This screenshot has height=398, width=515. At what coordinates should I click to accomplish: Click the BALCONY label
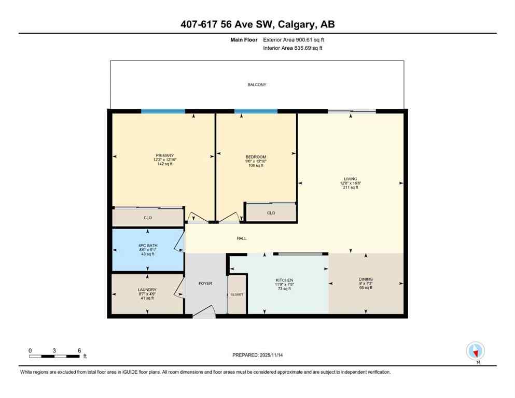pyautogui.click(x=257, y=84)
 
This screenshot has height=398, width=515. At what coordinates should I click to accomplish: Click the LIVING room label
pyautogui.click(x=350, y=179)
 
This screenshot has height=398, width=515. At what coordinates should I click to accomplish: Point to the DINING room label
pyautogui.click(x=366, y=279)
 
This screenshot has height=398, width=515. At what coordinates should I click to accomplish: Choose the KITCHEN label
pyautogui.click(x=284, y=280)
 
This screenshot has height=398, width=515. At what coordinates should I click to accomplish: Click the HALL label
pyautogui.click(x=241, y=238)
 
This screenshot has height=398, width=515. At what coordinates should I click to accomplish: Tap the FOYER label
pyautogui.click(x=206, y=284)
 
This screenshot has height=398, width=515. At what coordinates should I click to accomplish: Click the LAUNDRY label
pyautogui.click(x=147, y=290)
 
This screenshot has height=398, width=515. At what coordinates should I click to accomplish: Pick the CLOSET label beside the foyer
pyautogui.click(x=237, y=294)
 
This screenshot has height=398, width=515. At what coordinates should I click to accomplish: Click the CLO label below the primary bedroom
pyautogui.click(x=148, y=218)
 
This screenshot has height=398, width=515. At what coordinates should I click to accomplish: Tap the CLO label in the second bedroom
pyautogui.click(x=271, y=213)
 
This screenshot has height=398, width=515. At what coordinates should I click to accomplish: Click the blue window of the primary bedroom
pyautogui.click(x=163, y=111)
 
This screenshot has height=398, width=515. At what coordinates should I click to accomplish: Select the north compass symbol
pyautogui.click(x=475, y=351)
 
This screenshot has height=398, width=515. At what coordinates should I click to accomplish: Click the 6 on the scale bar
pyautogui.click(x=79, y=351)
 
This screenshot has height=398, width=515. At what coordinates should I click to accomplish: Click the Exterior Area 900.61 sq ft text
pyautogui.click(x=294, y=39)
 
